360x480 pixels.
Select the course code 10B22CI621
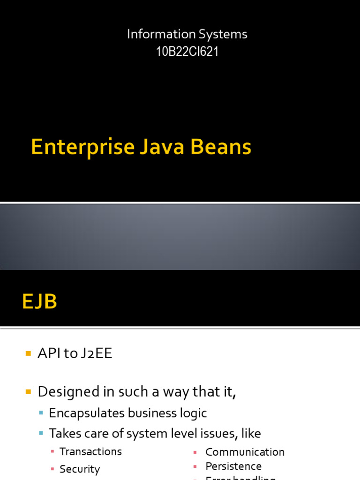point(187,52)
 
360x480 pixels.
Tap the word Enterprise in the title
point(82,147)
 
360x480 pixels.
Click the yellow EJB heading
point(39,301)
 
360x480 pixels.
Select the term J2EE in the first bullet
point(97,353)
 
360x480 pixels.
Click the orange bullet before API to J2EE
point(28,353)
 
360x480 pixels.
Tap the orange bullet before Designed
point(28,391)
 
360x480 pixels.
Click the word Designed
point(69,391)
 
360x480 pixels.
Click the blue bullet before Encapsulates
point(41,413)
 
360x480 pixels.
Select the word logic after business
point(193,413)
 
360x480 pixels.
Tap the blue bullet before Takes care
point(41,434)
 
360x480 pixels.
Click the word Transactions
point(90,451)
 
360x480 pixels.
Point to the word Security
point(80,469)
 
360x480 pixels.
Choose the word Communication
point(245,452)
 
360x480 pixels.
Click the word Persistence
point(233,466)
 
